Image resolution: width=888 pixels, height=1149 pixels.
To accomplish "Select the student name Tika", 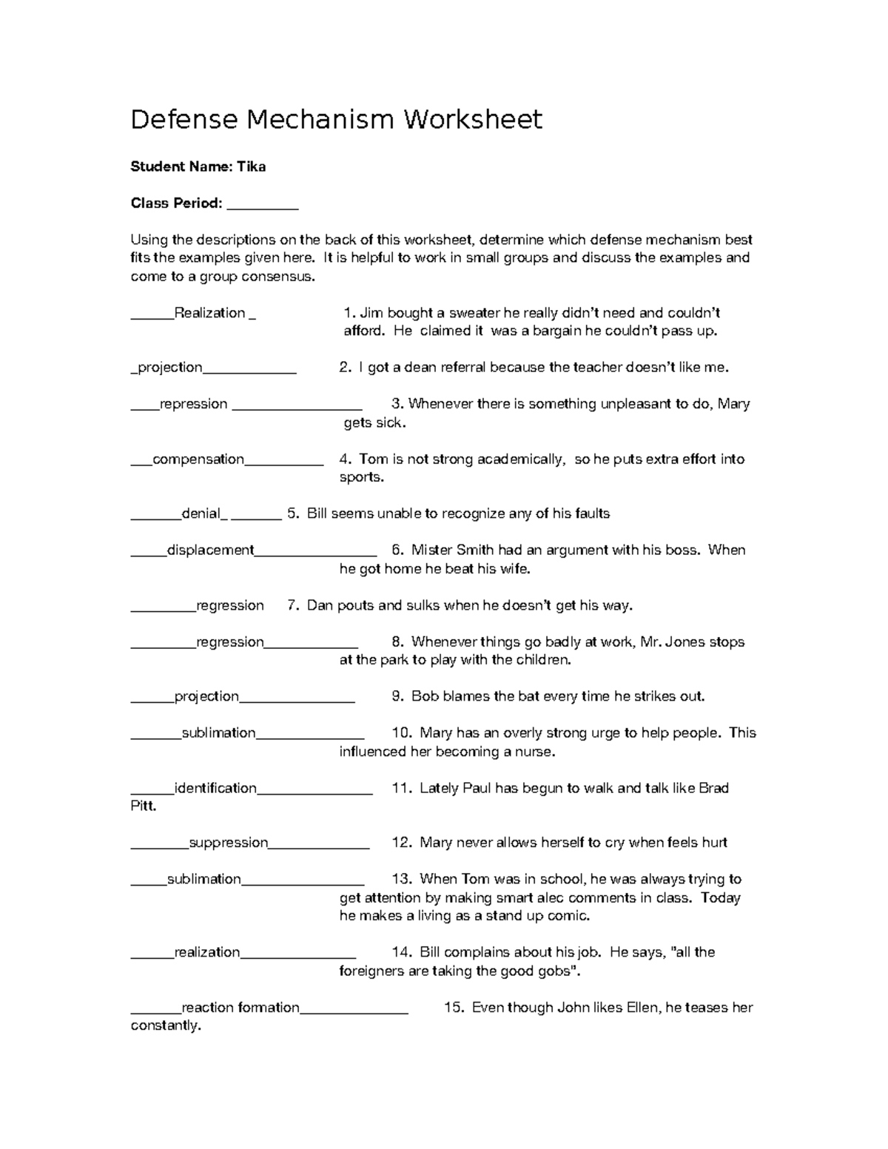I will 251,166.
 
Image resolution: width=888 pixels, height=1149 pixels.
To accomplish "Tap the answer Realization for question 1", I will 209,313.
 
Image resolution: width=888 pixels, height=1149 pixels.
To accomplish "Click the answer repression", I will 193,404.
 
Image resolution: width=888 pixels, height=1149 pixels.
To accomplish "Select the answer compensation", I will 198,459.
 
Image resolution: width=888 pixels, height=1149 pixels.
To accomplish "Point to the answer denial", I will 201,513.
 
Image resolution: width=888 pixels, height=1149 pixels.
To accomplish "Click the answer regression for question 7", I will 229,606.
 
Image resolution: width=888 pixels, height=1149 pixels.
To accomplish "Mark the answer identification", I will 215,789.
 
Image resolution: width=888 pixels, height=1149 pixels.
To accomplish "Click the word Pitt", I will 143,806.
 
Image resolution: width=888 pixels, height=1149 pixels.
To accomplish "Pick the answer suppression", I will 228,843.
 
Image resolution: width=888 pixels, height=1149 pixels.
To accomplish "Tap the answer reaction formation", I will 240,1008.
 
